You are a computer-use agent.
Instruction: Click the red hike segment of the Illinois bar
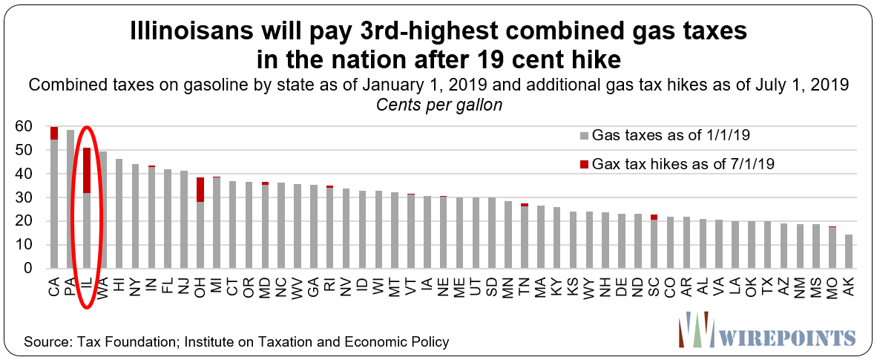pyautogui.click(x=87, y=170)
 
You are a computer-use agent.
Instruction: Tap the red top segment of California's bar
pyautogui.click(x=54, y=133)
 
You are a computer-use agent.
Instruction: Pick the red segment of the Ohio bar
pyautogui.click(x=200, y=189)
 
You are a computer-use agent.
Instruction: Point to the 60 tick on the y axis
pyautogui.click(x=26, y=127)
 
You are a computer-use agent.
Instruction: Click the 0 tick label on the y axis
pyautogui.click(x=30, y=269)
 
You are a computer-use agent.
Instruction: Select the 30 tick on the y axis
pyautogui.click(x=26, y=198)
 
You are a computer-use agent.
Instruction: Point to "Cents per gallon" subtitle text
pyautogui.click(x=438, y=105)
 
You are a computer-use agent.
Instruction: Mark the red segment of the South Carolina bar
pyautogui.click(x=654, y=217)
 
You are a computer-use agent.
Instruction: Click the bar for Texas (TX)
pyautogui.click(x=767, y=245)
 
